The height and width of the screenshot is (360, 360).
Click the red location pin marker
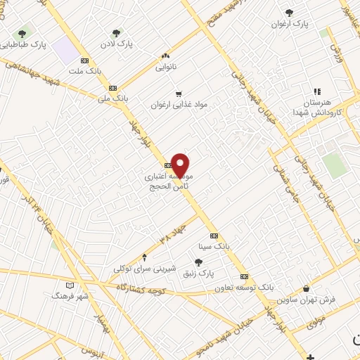click(181, 166)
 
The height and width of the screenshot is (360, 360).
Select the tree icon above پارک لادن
click(117, 32)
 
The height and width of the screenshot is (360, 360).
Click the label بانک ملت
click(85, 70)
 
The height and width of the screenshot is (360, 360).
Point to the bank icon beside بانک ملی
click(112, 88)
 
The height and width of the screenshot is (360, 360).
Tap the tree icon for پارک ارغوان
click(290, 13)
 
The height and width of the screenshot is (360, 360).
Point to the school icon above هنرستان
click(316, 91)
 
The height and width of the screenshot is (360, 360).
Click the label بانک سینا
click(214, 247)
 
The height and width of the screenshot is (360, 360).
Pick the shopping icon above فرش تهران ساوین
click(306, 288)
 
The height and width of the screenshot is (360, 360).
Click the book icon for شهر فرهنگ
click(69, 285)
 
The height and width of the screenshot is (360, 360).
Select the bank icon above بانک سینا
click(214, 236)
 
